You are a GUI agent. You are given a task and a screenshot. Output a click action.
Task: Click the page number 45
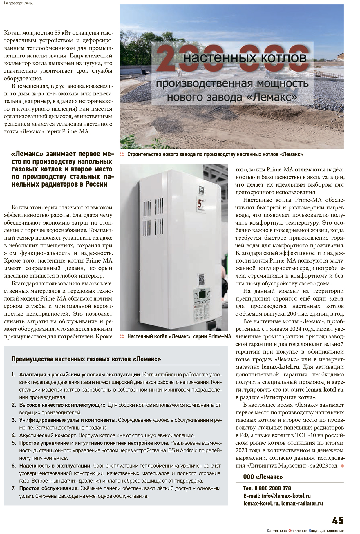coord(337,520)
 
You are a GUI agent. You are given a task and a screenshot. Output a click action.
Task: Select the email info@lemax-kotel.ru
coord(286,496)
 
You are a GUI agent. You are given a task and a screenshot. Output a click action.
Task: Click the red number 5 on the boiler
coord(200,204)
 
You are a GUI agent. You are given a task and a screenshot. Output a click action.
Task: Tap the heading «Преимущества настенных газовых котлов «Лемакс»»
coord(86,359)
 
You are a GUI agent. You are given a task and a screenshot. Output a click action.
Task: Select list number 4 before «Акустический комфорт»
coord(14,435)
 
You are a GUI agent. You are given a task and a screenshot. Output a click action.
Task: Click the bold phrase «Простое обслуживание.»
coord(49,488)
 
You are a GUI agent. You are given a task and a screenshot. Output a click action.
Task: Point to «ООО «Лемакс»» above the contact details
coord(263,477)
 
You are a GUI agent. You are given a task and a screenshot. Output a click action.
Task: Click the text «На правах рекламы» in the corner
coord(18,3)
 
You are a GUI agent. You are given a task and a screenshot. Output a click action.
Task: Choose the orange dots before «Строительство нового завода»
coord(122,155)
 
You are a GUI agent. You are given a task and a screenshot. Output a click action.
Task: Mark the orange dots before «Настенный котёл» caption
coord(122,336)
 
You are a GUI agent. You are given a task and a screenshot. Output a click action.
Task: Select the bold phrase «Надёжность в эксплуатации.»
coord(55,466)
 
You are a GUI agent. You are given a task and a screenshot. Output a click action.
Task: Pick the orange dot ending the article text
coord(342,466)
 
